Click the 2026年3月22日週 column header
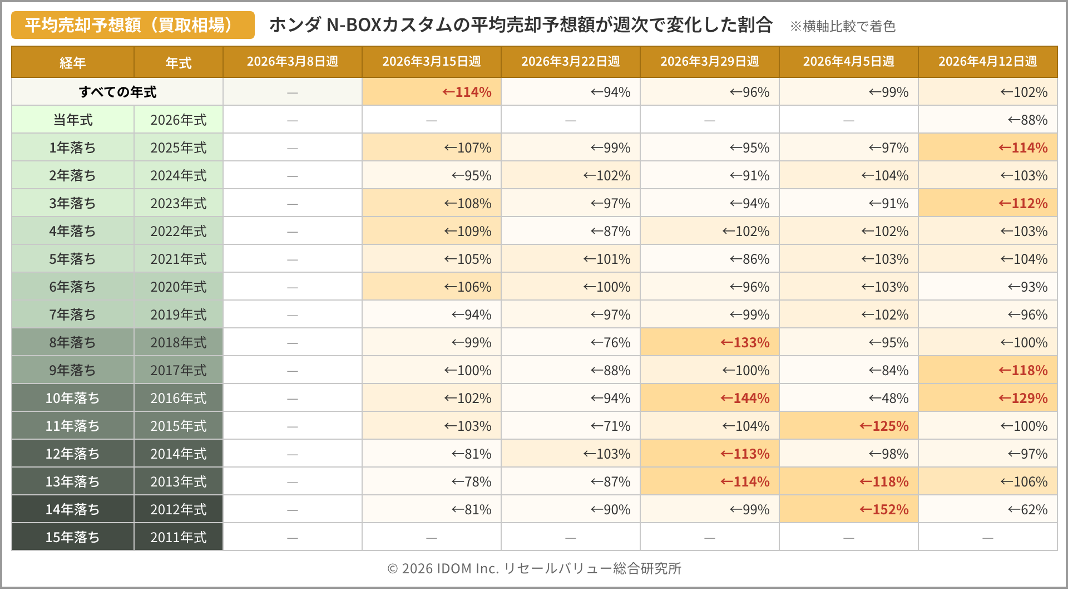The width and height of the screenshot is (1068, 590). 570,61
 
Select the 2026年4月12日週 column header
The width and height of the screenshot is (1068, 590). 987,61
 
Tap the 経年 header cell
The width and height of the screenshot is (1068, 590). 72,62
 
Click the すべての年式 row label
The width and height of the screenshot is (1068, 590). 117,92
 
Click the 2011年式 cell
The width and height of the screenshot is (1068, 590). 178,537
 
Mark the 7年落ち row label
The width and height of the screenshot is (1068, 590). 72,314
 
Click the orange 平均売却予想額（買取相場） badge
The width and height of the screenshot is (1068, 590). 132,25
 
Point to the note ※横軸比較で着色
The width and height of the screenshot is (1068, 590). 842,26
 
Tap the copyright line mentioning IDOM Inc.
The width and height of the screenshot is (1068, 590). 534,568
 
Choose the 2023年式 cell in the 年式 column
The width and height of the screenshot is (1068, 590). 178,203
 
